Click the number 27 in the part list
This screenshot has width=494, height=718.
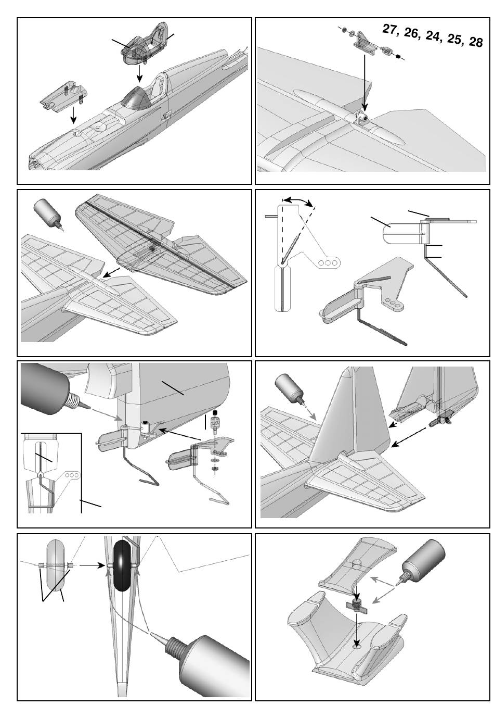pos(391,29)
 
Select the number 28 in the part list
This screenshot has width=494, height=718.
pos(475,42)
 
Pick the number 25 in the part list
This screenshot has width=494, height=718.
pos(453,39)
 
